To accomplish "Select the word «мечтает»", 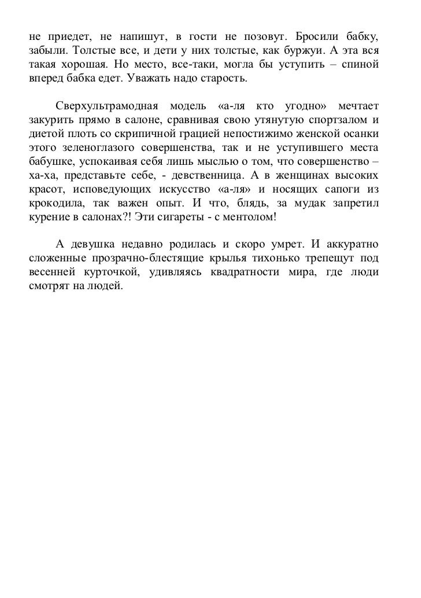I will click(x=357, y=107).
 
